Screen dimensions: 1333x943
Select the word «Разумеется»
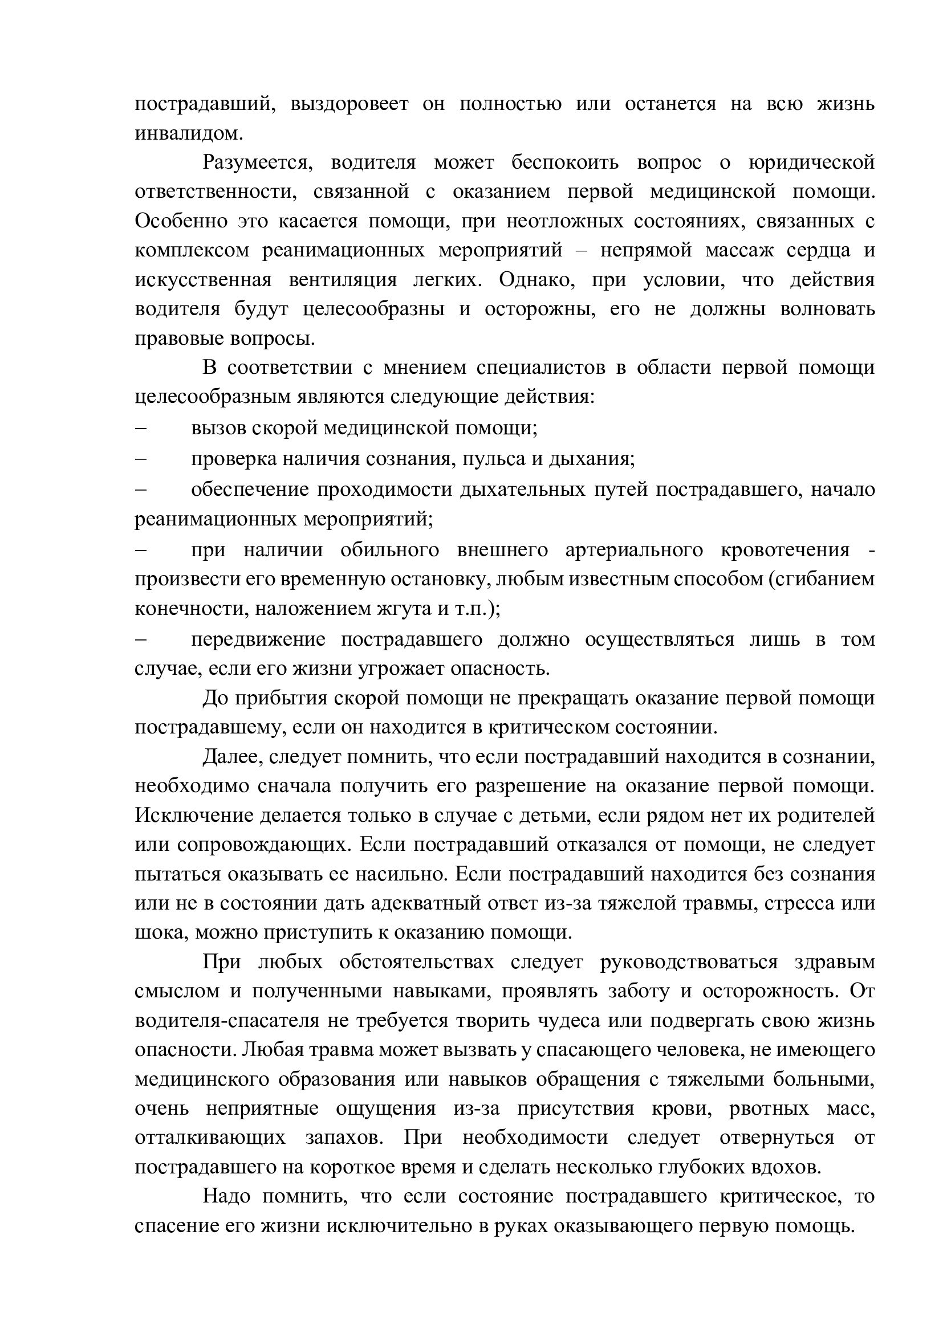pyautogui.click(x=257, y=162)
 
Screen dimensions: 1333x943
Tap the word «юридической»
pyautogui.click(x=811, y=162)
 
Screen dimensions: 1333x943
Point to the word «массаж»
pyautogui.click(x=733, y=250)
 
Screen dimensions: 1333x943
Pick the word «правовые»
pyautogui.click(x=180, y=339)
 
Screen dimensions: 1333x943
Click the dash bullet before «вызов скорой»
pyautogui.click(x=140, y=428)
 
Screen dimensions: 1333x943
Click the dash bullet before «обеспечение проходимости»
pyautogui.click(x=140, y=490)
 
